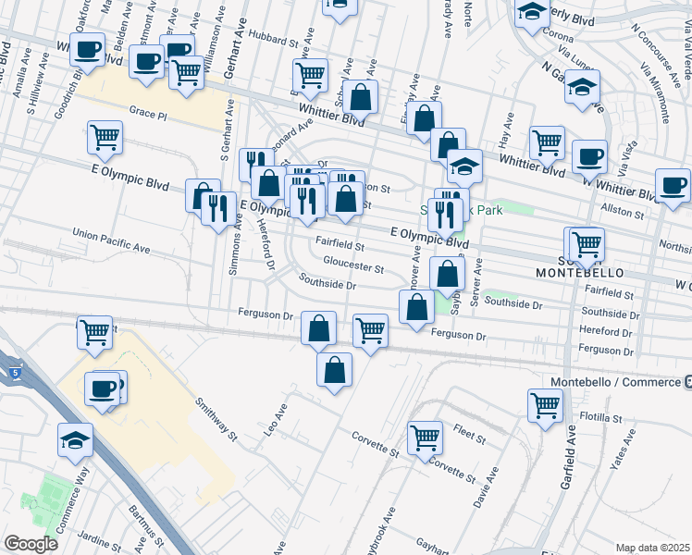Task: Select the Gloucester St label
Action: click(x=347, y=268)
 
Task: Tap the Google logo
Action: click(x=31, y=544)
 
